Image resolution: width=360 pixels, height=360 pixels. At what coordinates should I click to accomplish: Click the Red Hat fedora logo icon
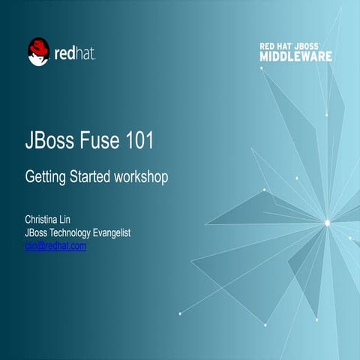[x=38, y=52]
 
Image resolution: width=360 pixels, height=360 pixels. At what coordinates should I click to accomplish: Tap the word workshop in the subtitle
[x=142, y=178]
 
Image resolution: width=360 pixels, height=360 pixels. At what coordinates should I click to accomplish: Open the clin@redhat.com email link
[x=55, y=245]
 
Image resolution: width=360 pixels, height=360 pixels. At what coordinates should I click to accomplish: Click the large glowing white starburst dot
[x=327, y=222]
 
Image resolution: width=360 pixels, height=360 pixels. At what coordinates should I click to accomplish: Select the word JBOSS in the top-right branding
[x=315, y=46]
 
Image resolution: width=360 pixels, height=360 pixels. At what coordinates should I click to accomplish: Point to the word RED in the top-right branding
[x=268, y=46]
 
